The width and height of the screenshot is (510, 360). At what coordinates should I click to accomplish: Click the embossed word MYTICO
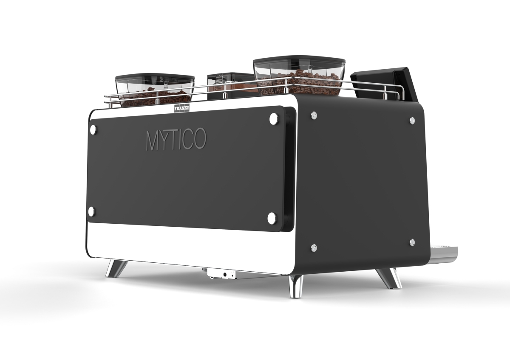coord(176,140)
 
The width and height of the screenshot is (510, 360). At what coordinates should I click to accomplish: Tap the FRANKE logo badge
coord(181,109)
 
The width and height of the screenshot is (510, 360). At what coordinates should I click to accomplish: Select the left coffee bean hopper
coord(155,90)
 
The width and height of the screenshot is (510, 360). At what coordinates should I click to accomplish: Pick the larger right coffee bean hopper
coord(299,76)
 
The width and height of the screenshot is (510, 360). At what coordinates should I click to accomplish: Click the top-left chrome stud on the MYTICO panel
coord(93,129)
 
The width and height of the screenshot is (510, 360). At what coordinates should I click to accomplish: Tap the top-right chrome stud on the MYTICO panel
coord(273,119)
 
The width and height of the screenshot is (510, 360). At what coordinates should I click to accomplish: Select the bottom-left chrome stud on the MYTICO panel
coord(91,211)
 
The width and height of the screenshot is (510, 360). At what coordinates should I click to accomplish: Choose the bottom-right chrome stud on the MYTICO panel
coord(272,218)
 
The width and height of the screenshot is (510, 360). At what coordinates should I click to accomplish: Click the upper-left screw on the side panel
coord(314,115)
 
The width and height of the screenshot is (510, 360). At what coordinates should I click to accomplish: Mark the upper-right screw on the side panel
coord(412,120)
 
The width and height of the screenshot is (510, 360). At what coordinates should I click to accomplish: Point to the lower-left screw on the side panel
coord(314,248)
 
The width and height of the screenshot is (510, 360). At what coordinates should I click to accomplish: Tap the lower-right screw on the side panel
coord(412,242)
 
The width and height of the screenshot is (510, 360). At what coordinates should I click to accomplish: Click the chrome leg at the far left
coord(116,269)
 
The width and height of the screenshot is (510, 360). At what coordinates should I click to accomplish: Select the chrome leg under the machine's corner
coord(295,285)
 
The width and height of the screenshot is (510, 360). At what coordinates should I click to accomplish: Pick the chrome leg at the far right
coord(389,278)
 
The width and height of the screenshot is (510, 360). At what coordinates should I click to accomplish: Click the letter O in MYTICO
coord(198,140)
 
